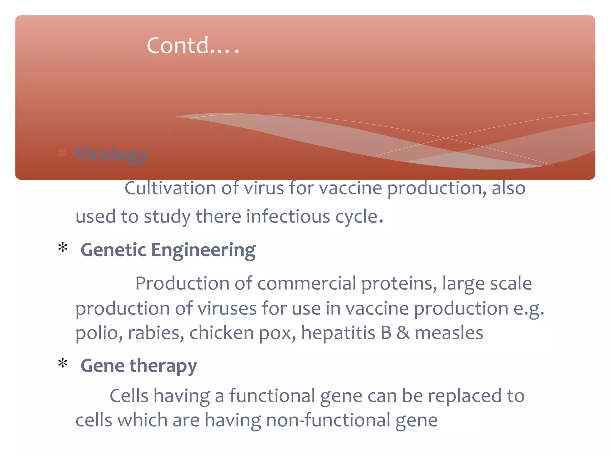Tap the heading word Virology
point(112,154)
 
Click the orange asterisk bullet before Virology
point(62,153)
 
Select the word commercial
point(306,283)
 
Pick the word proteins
point(399,284)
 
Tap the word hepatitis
point(338,333)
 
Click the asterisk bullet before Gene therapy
point(63,363)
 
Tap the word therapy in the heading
point(163,366)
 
